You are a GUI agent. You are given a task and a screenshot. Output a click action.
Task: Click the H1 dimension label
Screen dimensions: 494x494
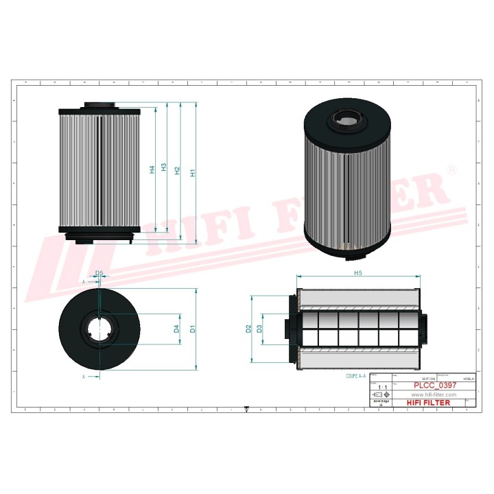click(193, 173)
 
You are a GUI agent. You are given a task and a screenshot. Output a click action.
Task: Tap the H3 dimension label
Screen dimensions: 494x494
click(164, 167)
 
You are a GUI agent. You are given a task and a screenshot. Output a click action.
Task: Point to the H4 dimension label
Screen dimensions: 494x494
click(152, 169)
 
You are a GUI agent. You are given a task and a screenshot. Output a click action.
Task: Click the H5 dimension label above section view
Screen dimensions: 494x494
click(358, 273)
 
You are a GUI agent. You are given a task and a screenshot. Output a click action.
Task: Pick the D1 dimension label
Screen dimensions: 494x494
click(193, 329)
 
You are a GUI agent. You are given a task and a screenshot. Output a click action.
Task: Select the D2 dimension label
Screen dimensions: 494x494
click(248, 329)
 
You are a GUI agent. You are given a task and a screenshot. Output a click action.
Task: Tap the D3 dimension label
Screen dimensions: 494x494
click(259, 329)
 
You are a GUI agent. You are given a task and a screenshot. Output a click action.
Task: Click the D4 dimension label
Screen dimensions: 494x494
click(176, 329)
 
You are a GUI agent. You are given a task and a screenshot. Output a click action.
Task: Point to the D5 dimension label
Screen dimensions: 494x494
click(99, 273)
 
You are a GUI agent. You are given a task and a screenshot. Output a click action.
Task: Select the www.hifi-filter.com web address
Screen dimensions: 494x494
click(434, 395)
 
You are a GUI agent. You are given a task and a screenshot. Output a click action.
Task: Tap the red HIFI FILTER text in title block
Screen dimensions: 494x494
click(429, 403)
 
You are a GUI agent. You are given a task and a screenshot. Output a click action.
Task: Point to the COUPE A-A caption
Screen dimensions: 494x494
click(357, 376)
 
